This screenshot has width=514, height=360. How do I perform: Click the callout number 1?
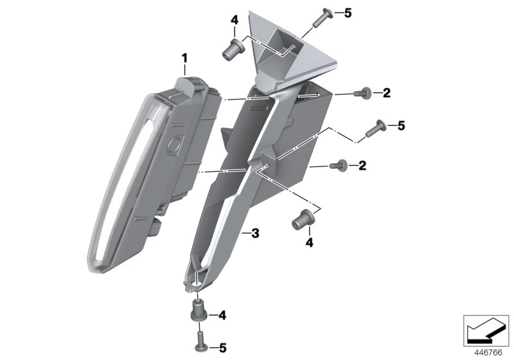pos(185,59)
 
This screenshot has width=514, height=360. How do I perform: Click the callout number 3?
pos(255,233)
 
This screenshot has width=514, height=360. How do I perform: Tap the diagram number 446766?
pos(488,353)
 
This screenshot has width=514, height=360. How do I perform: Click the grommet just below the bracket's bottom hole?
pos(199,312)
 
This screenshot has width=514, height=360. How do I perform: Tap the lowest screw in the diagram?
pos(200,342)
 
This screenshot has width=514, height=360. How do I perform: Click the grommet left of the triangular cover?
pos(233,48)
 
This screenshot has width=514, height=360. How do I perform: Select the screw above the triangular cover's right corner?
pos(323,17)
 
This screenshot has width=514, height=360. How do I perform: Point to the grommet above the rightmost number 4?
pos(303,219)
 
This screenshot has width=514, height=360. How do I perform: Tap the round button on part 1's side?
pos(174,143)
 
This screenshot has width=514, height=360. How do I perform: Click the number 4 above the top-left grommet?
pos(235,21)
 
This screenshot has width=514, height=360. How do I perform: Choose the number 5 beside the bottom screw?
pos(222,348)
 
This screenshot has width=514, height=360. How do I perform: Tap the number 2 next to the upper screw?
pos(387,93)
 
